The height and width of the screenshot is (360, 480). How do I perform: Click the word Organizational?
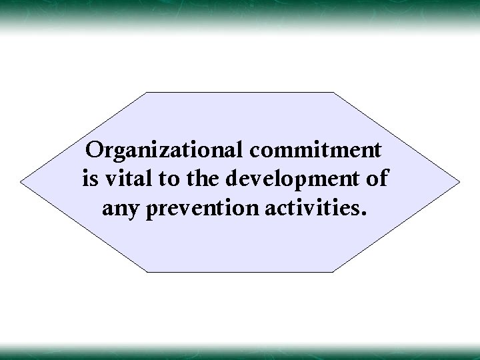pyautogui.click(x=166, y=150)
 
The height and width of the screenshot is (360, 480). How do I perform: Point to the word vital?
pyautogui.click(x=125, y=179)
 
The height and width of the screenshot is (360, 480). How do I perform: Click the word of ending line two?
pyautogui.click(x=381, y=179)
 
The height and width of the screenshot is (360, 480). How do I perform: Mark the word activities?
pyautogui.click(x=309, y=209)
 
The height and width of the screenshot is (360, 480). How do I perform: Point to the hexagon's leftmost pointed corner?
pyautogui.click(x=20, y=181)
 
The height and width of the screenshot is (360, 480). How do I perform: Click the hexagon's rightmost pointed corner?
pyautogui.click(x=460, y=181)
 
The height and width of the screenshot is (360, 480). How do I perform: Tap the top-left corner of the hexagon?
pyautogui.click(x=147, y=92)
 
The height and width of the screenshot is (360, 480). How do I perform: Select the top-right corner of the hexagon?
pyautogui.click(x=333, y=92)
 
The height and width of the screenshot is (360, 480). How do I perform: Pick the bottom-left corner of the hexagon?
pyautogui.click(x=147, y=271)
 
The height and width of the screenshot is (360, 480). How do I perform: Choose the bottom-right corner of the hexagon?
pyautogui.click(x=333, y=271)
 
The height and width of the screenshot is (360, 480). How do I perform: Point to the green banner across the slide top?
pyautogui.click(x=240, y=12)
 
